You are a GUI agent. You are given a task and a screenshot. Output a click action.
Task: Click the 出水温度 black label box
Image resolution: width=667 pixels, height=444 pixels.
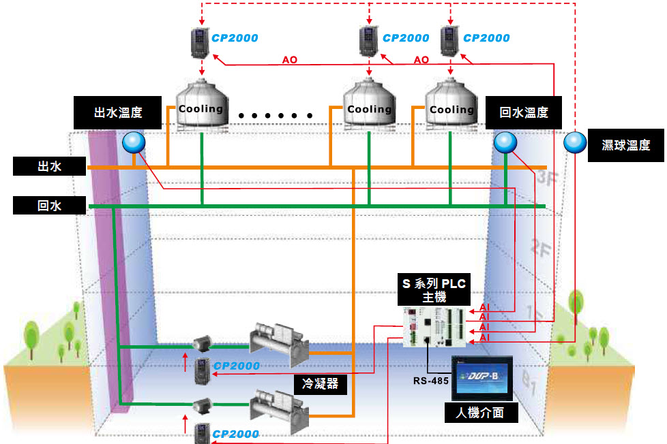pyautogui.click(x=117, y=112)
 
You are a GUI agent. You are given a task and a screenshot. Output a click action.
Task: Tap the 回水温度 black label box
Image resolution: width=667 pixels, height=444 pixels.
pyautogui.click(x=523, y=112)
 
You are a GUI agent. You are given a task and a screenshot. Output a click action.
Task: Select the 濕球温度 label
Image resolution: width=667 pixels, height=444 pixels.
pyautogui.click(x=625, y=145)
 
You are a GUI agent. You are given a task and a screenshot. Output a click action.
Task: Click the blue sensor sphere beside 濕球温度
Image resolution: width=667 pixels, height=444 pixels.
pyautogui.click(x=575, y=142)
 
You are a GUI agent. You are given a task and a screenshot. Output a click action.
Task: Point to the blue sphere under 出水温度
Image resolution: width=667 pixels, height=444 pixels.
pyautogui.click(x=134, y=142)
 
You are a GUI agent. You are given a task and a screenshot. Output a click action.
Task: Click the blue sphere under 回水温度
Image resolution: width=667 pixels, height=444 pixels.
pyautogui.click(x=505, y=142)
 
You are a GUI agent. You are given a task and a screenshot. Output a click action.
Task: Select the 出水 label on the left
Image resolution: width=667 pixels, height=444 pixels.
pyautogui.click(x=49, y=166)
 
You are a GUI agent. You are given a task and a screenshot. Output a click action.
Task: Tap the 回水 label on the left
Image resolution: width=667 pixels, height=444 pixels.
pyautogui.click(x=49, y=206)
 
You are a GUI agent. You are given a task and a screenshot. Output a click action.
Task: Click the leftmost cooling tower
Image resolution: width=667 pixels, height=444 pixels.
pyautogui.click(x=202, y=104)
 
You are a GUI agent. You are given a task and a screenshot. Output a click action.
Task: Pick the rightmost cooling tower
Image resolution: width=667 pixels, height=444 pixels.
pyautogui.click(x=451, y=104)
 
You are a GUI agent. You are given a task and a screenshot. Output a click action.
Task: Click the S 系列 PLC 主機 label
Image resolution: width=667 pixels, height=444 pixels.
pyautogui.click(x=434, y=289)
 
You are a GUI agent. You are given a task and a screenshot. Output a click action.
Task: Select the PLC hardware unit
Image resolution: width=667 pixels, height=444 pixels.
pyautogui.click(x=434, y=327)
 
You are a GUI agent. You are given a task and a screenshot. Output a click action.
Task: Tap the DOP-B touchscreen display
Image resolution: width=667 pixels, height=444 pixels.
pyautogui.click(x=482, y=378)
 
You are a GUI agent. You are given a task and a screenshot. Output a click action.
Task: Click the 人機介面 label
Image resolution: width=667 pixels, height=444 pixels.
pyautogui.click(x=481, y=413)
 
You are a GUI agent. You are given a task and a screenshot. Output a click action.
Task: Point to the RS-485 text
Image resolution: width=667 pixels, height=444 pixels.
pyautogui.click(x=430, y=381)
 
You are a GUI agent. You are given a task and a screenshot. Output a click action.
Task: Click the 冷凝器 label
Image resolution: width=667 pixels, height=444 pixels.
pyautogui.click(x=321, y=384)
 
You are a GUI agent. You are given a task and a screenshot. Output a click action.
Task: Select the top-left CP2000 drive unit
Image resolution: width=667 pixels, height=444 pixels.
pyautogui.click(x=200, y=42)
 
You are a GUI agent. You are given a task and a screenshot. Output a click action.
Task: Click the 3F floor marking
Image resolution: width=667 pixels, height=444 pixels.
pyautogui.click(x=547, y=178)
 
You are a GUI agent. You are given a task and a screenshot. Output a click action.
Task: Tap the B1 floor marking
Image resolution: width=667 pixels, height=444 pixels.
pyautogui.click(x=529, y=383)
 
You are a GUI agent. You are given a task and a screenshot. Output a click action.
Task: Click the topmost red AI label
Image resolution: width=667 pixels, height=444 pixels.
pyautogui.click(x=484, y=307)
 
